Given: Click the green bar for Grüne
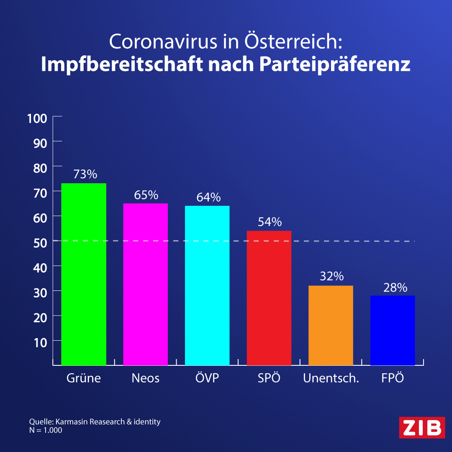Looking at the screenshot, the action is (84, 274).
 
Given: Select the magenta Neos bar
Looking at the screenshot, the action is (145, 284).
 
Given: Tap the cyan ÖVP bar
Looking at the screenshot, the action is (207, 285).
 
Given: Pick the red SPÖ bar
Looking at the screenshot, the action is (269, 298).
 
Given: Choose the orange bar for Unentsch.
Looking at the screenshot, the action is (331, 326).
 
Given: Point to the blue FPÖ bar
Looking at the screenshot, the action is (392, 330).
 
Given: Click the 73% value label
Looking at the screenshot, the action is (85, 174).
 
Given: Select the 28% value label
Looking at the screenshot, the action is (395, 288).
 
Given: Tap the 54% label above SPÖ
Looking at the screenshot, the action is (270, 222).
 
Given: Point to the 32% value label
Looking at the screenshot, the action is (332, 276).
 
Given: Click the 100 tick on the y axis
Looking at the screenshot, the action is (37, 118).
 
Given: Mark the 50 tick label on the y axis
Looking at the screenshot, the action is (40, 243).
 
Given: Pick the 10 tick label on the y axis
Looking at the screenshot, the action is (40, 343).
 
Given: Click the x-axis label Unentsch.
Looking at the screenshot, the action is (331, 378).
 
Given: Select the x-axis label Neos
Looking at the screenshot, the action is (145, 378).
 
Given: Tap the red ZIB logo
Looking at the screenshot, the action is (422, 427).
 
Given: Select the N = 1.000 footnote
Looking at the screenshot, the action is (46, 430).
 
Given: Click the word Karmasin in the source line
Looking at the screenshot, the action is (72, 422).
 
